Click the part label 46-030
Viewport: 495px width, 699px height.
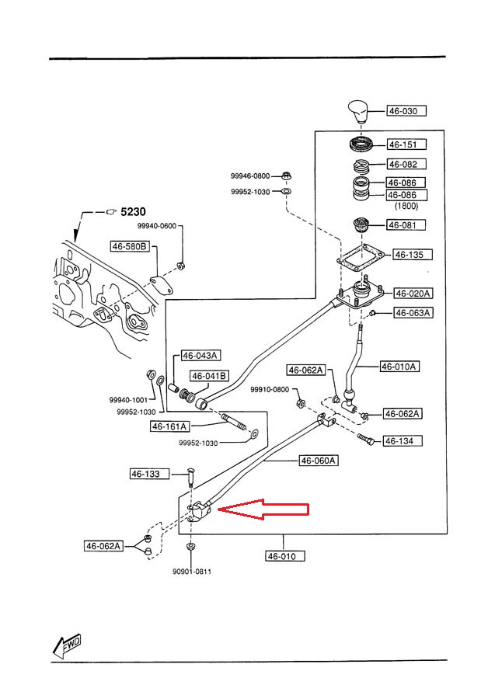click(403, 111)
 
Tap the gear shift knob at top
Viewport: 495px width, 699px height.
click(361, 115)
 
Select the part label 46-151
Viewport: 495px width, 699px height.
click(403, 144)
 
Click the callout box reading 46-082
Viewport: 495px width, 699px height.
click(403, 165)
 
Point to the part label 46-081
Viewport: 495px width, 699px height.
click(403, 225)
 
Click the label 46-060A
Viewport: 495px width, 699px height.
click(318, 461)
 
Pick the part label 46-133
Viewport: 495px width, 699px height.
click(145, 474)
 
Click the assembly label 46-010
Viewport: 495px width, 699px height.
click(284, 556)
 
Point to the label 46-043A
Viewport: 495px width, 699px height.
click(200, 356)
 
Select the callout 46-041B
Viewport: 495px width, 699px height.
click(209, 376)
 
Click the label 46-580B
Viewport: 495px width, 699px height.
click(129, 246)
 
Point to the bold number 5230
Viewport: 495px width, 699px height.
click(132, 210)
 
